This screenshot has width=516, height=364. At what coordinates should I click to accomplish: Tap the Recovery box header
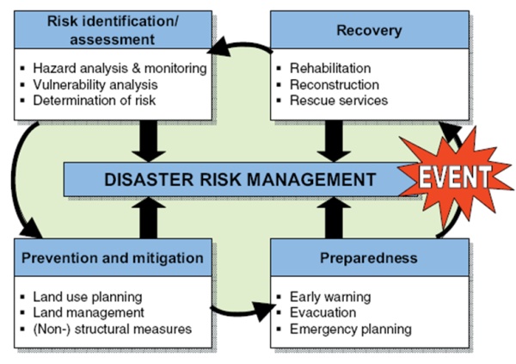[370, 31]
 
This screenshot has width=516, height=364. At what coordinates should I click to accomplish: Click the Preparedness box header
[370, 257]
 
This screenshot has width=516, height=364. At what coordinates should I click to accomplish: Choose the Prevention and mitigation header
[114, 257]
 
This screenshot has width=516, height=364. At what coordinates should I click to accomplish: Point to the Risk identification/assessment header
[114, 31]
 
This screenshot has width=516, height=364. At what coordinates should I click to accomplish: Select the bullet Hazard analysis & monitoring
[118, 68]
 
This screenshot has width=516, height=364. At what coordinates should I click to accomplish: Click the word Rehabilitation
[330, 68]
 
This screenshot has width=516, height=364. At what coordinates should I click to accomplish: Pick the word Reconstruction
[335, 84]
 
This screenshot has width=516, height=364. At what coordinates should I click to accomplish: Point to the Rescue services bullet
[339, 101]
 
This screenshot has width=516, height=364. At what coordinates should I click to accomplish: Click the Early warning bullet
[330, 297]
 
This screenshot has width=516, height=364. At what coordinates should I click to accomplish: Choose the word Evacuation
[323, 312]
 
